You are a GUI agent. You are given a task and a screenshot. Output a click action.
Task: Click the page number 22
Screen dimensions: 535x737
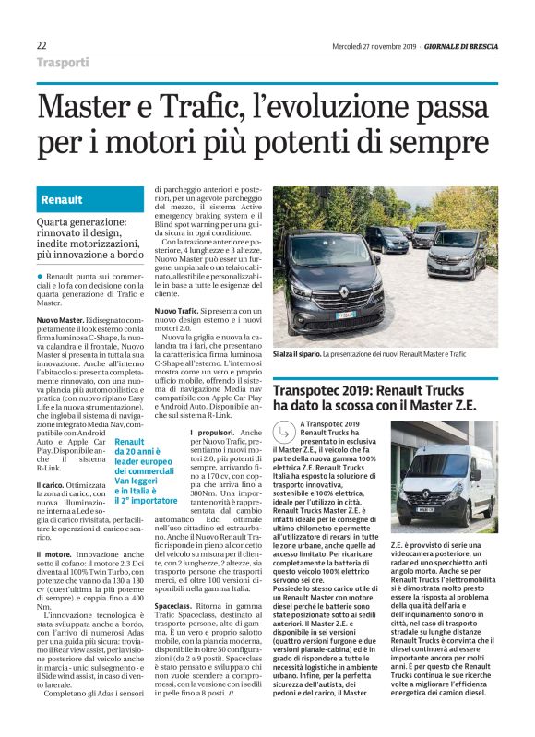click(x=42, y=45)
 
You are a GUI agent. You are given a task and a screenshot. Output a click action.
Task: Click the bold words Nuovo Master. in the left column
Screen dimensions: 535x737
click(x=60, y=318)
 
